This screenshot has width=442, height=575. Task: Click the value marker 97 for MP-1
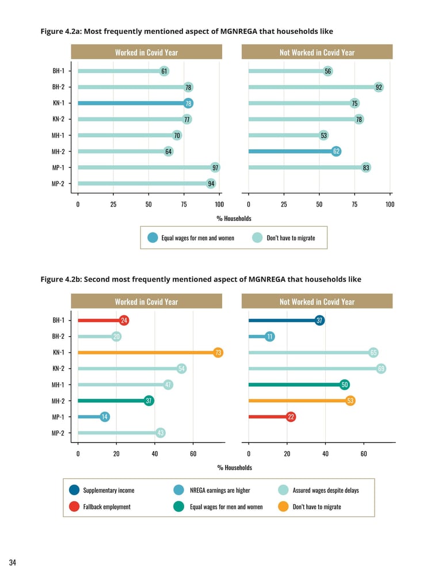215,167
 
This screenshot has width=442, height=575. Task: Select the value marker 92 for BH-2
378,87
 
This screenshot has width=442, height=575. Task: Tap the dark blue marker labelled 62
336,151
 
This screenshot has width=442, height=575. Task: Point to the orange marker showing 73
218,353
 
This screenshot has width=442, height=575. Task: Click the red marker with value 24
124,321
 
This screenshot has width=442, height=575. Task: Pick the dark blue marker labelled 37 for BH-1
319,321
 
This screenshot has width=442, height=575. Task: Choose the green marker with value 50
345,384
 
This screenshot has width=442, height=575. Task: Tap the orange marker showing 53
350,401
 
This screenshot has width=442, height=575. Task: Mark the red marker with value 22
291,417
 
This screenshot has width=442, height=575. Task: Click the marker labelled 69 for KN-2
381,368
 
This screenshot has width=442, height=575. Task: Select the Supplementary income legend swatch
74,490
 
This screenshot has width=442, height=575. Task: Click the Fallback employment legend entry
107,507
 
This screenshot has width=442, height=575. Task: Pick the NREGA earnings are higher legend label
220,490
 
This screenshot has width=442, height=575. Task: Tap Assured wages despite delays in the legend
326,490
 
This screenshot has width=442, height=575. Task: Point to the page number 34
12,562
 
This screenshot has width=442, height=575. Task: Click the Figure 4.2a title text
186,31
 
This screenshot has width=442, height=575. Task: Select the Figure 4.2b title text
201,279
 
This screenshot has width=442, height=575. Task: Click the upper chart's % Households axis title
234,219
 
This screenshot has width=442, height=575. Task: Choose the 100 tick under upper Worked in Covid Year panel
219,204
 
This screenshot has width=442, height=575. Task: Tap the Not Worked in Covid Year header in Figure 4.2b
317,302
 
